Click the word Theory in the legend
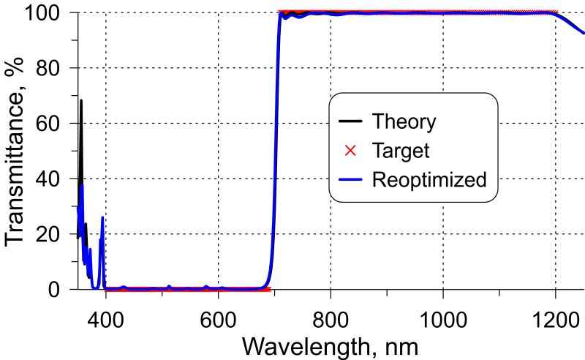[x=404, y=121]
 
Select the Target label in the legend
[x=400, y=150]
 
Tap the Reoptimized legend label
[x=429, y=179]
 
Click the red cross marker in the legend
[x=350, y=150]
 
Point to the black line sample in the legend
[x=350, y=121]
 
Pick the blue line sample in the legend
[x=350, y=179]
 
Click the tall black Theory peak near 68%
[x=81, y=102]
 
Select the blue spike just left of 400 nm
[x=102, y=220]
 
